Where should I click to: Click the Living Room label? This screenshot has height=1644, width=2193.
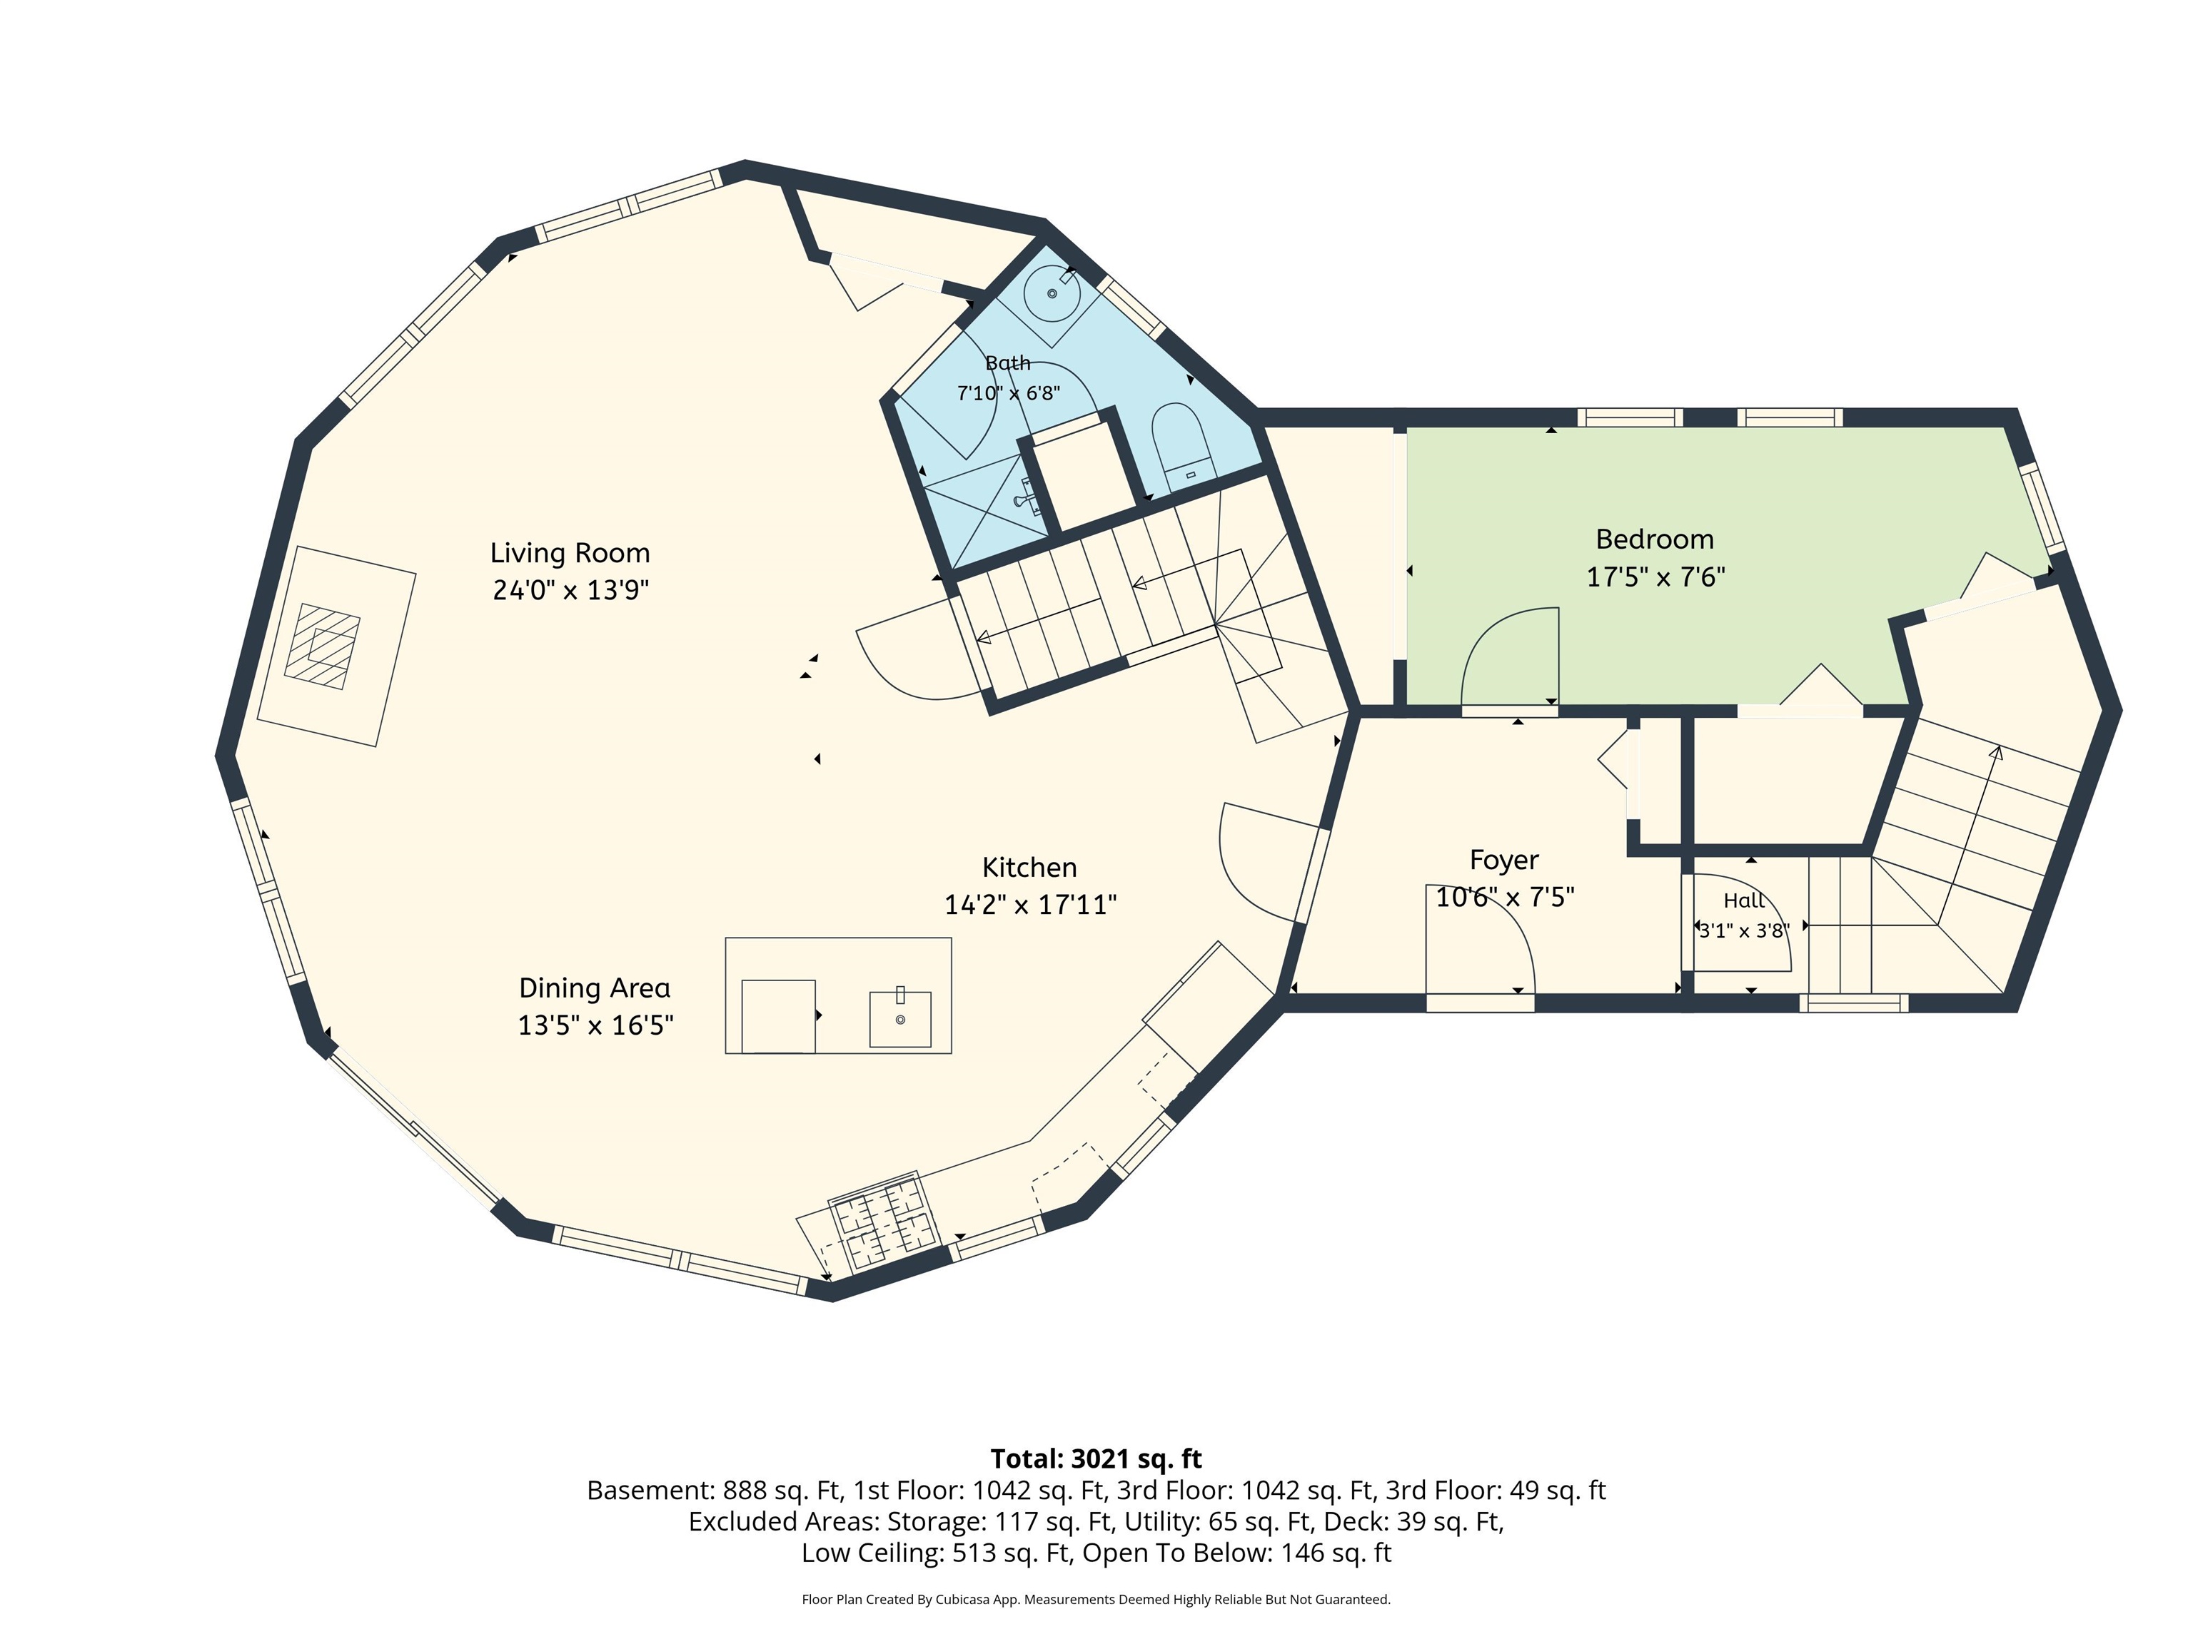click(x=570, y=553)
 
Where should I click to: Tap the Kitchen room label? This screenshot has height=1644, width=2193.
click(x=1029, y=867)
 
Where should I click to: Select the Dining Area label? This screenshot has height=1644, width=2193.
click(x=595, y=988)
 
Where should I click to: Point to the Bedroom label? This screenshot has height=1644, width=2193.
click(x=1655, y=539)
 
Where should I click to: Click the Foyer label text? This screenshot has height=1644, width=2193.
click(x=1504, y=860)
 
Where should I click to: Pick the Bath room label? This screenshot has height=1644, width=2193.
click(x=1007, y=362)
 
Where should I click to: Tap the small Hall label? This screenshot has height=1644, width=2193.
click(x=1744, y=900)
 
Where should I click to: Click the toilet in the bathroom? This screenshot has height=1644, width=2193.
click(x=1181, y=446)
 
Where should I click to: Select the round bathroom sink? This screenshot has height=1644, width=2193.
click(x=1054, y=293)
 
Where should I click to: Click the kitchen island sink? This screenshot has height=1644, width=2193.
click(x=900, y=1018)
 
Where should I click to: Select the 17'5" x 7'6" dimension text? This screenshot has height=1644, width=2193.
click(x=1655, y=577)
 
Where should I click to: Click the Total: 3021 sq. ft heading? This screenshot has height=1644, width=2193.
click(x=1096, y=1458)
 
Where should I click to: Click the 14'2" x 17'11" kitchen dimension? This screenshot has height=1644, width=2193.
click(x=1030, y=905)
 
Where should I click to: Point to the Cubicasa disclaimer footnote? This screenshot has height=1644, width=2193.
click(x=1096, y=1598)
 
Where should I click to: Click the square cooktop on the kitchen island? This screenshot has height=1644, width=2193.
click(x=778, y=1017)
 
